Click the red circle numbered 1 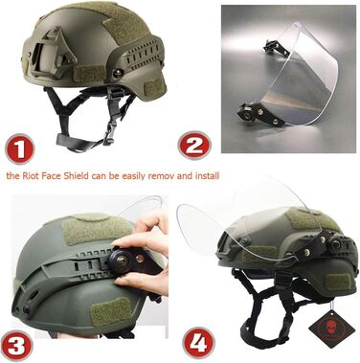pos(19,149)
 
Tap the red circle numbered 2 pos(194,146)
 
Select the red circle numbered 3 pos(16,346)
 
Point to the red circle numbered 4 pos(198,343)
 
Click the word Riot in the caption pos(32,175)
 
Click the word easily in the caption pos(133,176)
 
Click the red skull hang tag pos(331,329)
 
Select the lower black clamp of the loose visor pos(257,114)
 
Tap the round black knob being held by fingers pos(121,261)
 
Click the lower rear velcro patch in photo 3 pos(108,312)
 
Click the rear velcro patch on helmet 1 pos(154,85)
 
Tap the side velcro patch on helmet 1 pos(90,75)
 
